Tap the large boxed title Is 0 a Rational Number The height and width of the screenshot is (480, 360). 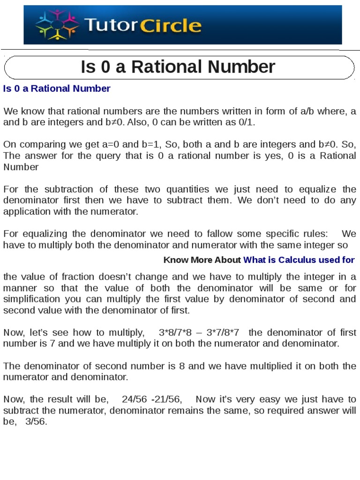pos(178,67)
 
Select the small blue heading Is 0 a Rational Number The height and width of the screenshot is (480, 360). pos(57,89)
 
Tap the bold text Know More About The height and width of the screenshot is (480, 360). pos(202,260)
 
